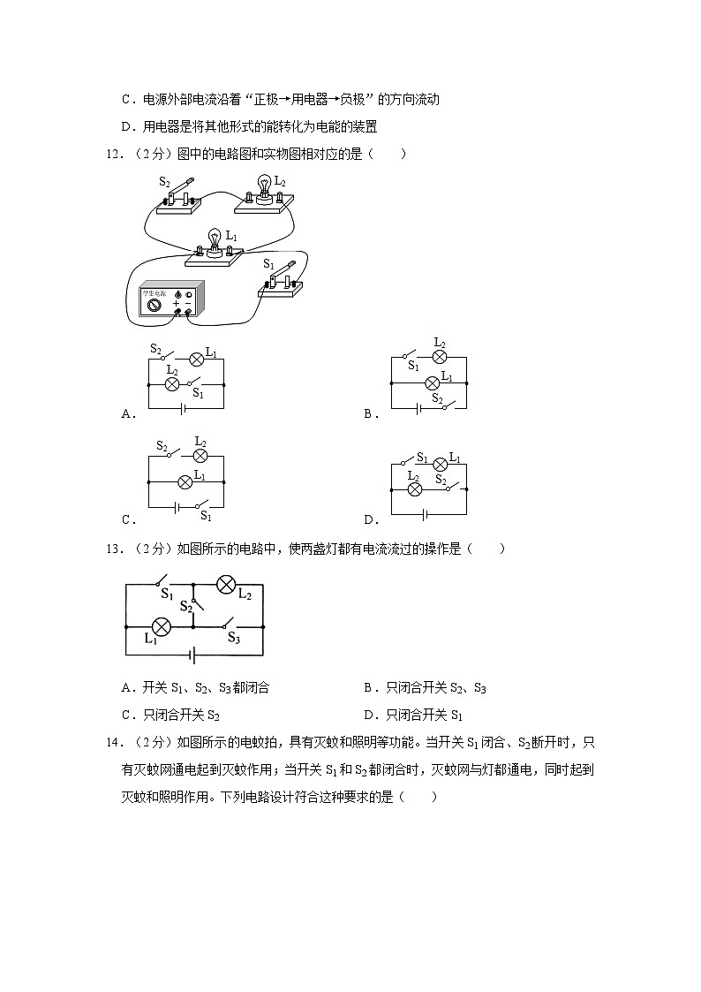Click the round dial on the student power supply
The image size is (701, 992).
click(155, 303)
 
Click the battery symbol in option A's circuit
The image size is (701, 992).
click(183, 408)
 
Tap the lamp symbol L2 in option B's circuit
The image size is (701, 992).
click(439, 357)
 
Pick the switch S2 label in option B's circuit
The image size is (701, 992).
click(438, 398)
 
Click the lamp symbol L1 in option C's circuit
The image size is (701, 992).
click(185, 482)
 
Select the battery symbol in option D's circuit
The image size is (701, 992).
click(427, 515)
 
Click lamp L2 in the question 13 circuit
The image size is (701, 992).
click(226, 585)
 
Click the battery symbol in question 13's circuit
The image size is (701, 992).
click(192, 655)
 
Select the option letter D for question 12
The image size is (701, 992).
click(370, 519)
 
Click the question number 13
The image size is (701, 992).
click(112, 549)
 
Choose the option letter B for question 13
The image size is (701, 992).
click(369, 688)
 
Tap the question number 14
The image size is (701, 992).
click(112, 743)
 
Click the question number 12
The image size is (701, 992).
click(112, 154)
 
